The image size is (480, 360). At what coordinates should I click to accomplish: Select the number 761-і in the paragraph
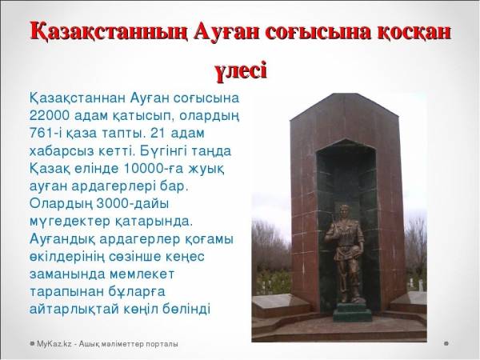pos(46,133)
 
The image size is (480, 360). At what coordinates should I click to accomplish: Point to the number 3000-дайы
pos(133,204)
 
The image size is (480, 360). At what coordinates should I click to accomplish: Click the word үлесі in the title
pos(241,71)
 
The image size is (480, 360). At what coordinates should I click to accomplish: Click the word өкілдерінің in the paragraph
pos(67,257)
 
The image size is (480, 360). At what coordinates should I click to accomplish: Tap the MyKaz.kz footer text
pos(107,344)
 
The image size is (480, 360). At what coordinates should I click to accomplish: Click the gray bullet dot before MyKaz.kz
pos(32,344)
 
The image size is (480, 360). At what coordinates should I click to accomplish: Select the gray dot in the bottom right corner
pos(446,343)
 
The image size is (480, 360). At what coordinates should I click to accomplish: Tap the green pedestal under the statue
pos(353,312)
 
